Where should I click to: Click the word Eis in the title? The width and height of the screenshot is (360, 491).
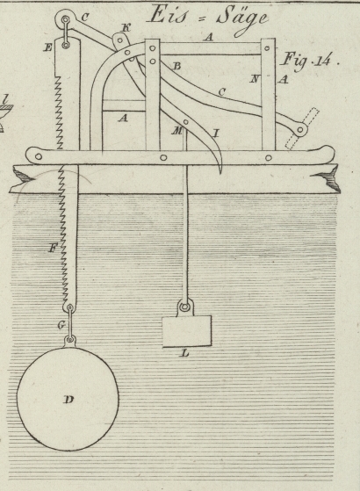coord(168,14)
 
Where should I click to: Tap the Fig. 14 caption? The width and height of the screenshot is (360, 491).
coord(309,61)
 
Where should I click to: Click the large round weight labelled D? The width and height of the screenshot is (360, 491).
coord(68,399)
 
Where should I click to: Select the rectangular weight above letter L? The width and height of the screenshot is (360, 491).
coord(187,331)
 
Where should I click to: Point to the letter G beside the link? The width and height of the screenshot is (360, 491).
coord(61,325)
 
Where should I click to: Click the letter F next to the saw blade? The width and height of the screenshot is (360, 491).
coord(53,249)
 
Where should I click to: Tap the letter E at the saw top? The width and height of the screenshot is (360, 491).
coord(48,47)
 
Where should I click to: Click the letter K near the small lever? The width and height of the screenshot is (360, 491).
coord(126,28)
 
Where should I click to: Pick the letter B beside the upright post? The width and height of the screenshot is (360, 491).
coord(176,66)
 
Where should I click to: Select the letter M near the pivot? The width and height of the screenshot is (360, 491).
coord(176,131)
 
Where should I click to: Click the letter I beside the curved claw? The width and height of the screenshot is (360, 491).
coord(215,134)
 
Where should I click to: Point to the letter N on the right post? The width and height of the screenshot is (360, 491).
coord(255,79)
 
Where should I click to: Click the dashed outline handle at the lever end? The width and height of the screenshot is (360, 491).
coord(302,129)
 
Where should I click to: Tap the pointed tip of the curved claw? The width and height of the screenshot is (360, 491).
coord(220,173)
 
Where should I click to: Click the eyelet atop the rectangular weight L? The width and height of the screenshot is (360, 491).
coord(185,307)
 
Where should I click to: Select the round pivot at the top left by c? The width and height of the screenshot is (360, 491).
coord(66,19)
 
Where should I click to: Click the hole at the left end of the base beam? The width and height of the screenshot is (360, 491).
coord(39,156)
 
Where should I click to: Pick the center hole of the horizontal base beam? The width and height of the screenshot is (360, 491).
coord(163,157)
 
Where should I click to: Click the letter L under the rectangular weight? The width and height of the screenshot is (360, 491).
coord(185,354)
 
